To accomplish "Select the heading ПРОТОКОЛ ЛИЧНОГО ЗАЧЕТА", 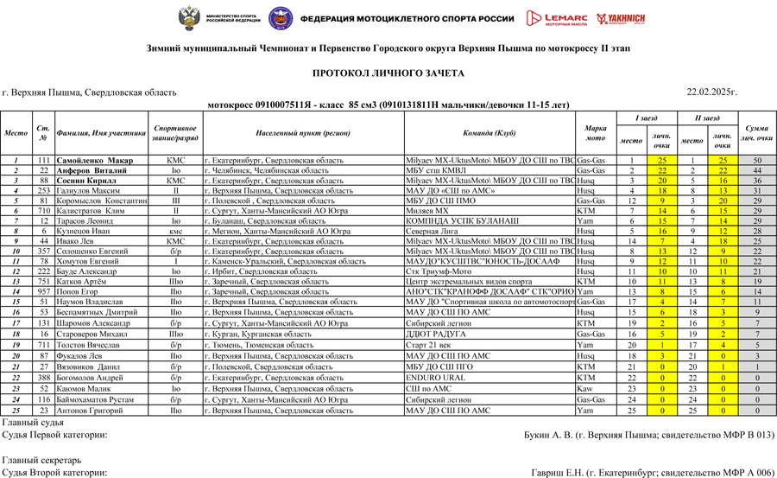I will tap(388, 74).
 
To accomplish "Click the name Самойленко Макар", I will tap(95, 161).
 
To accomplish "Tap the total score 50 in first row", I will tap(756, 161).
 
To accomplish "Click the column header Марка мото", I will tap(596, 134).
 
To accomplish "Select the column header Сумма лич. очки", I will tap(756, 134).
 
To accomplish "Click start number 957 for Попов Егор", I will tap(42, 292).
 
